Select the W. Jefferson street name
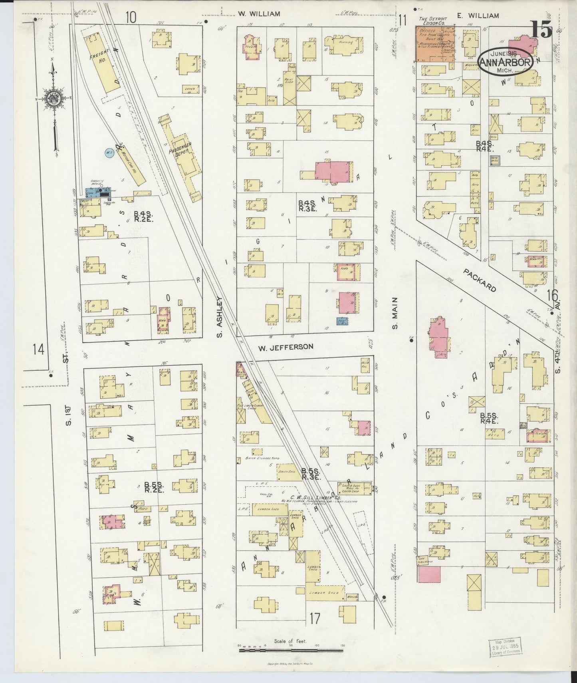click(x=285, y=347)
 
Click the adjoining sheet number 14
click(x=39, y=350)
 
